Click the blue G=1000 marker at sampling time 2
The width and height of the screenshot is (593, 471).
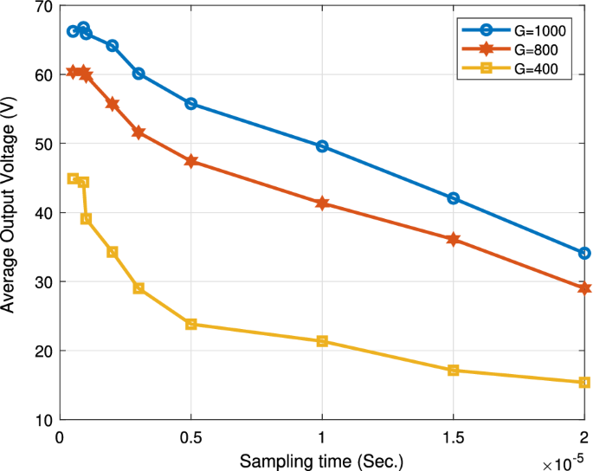pos(584,253)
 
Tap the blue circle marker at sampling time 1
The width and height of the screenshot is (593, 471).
pos(322,146)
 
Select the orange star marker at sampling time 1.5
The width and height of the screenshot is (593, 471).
pos(453,239)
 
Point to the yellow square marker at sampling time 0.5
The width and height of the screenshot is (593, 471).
pos(191,324)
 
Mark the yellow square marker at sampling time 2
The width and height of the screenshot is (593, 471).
pos(584,383)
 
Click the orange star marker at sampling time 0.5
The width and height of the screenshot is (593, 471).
pos(191,161)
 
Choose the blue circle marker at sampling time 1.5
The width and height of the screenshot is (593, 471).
pos(453,198)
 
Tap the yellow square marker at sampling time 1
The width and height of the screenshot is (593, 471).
pos(322,341)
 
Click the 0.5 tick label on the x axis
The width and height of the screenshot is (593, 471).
pos(191,436)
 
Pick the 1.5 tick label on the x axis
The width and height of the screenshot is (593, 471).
pos(453,436)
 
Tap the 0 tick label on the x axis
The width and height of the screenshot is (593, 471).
pos(60,436)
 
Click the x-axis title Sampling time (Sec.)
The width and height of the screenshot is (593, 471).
pos(322,459)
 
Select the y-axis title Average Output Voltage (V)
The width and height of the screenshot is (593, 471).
pos(11,213)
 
